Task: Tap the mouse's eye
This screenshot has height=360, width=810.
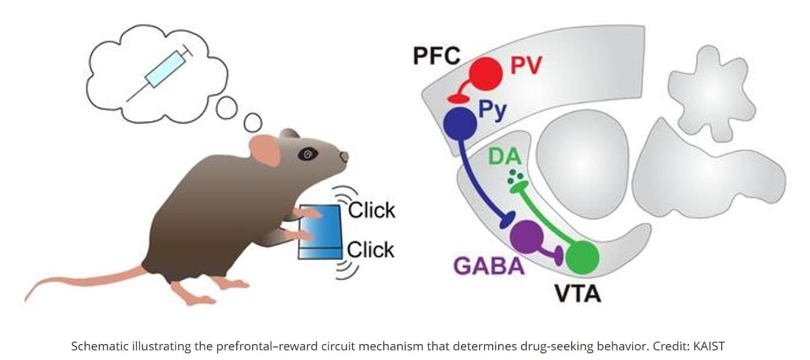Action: (x=308, y=153)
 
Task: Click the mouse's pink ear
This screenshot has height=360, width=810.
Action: (x=265, y=150)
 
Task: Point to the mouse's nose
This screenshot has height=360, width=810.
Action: (x=344, y=156)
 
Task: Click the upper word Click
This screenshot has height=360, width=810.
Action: (x=372, y=210)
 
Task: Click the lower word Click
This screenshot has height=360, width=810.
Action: (x=371, y=250)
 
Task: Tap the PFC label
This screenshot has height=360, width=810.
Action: (x=436, y=55)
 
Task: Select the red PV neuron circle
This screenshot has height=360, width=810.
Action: (x=486, y=73)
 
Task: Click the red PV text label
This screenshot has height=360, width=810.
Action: (x=526, y=66)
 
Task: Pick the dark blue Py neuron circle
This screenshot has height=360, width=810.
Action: (x=460, y=123)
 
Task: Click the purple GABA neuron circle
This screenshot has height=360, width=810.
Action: (x=527, y=236)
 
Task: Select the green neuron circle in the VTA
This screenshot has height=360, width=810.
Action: (x=582, y=257)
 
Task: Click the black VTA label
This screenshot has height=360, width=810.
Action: (x=578, y=293)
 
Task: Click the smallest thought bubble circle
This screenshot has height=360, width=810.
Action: (x=253, y=123)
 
